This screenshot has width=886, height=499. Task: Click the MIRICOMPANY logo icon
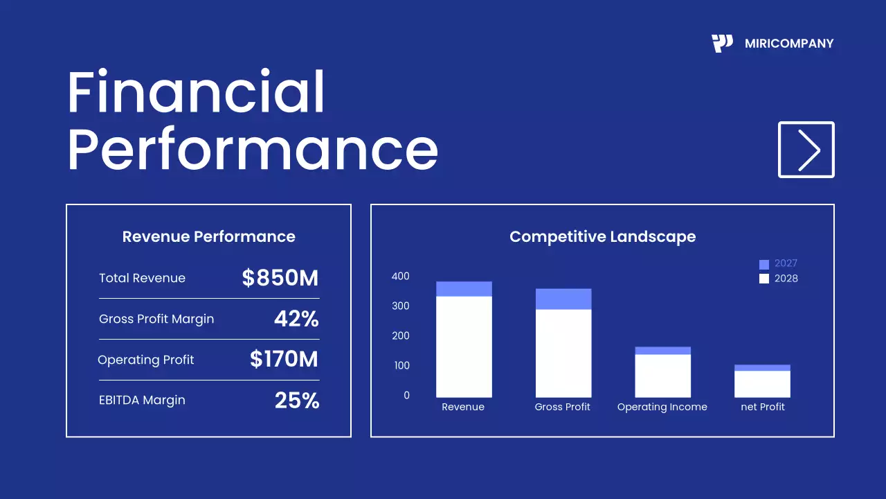click(x=722, y=44)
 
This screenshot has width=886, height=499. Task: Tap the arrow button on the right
click(x=806, y=150)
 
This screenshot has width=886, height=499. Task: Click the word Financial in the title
click(x=196, y=93)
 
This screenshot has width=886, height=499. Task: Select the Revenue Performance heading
click(x=208, y=236)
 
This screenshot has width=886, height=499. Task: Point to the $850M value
click(x=280, y=278)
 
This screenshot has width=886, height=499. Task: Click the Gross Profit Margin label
click(x=156, y=319)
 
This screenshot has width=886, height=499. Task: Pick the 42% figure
click(x=296, y=319)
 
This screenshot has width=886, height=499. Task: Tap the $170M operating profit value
click(x=284, y=359)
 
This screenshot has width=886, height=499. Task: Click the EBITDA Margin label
click(x=142, y=400)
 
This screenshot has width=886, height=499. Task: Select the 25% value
click(x=297, y=400)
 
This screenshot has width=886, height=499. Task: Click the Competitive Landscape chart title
click(x=602, y=236)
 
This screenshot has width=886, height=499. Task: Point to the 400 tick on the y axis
click(x=401, y=276)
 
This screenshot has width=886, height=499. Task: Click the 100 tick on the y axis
click(x=401, y=365)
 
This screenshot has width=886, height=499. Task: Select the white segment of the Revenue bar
click(x=464, y=347)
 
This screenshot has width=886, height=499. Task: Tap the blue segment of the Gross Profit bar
click(x=563, y=299)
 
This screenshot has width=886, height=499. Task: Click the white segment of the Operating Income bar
click(x=662, y=376)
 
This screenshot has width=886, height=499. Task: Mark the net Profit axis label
click(x=763, y=407)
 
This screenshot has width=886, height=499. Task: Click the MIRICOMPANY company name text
click(x=789, y=44)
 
